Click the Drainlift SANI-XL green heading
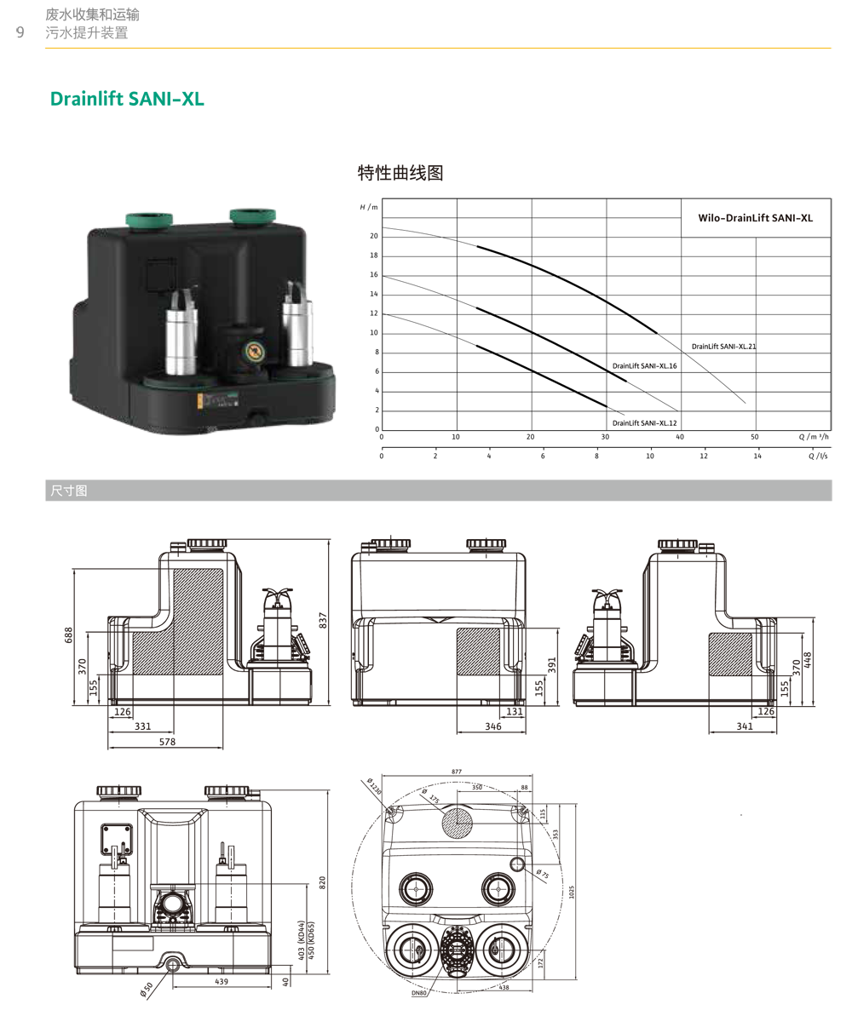[x=127, y=99]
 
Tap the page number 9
[x=20, y=32]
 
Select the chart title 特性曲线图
[x=400, y=173]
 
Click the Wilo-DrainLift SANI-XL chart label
[x=756, y=218]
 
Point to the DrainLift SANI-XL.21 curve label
[x=723, y=347]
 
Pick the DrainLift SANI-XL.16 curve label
[x=644, y=366]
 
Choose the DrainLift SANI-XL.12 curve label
[x=644, y=423]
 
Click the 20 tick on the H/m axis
[x=373, y=236]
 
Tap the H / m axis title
[x=368, y=207]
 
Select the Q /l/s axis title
[x=818, y=456]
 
